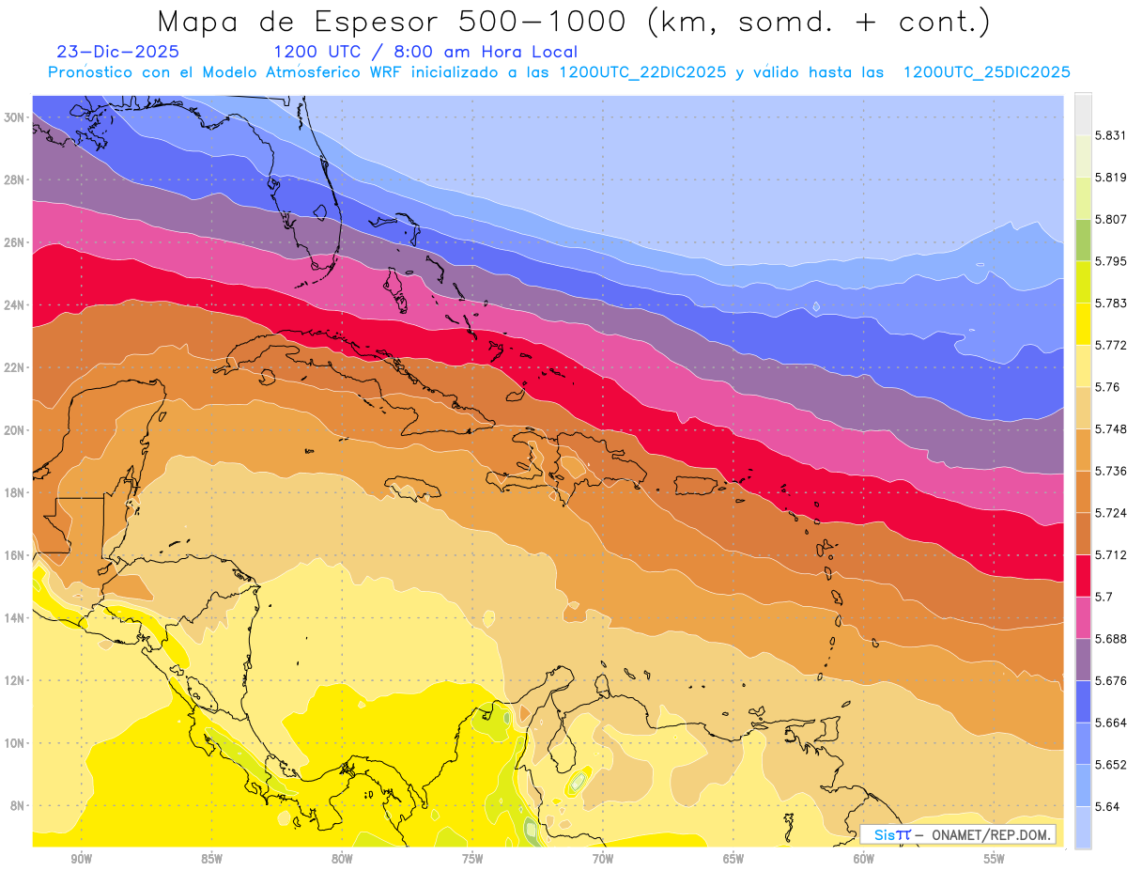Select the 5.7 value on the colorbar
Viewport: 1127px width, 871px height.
tap(1104, 597)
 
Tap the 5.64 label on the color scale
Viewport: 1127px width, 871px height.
tap(1108, 806)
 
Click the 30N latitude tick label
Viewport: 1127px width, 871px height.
tap(15, 117)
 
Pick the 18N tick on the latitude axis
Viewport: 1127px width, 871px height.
tap(15, 492)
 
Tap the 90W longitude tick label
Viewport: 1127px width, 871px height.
tap(81, 859)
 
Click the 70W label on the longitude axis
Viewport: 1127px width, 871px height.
tap(603, 859)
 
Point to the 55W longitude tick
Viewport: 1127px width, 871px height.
tap(994, 859)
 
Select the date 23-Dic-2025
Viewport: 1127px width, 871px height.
tap(117, 53)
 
